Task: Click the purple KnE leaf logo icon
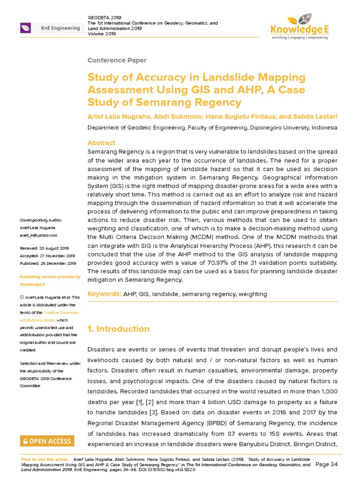coord(26,28)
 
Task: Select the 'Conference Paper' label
coord(117,60)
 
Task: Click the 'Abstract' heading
coord(101,142)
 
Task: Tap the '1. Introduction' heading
coord(119,329)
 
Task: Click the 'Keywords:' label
coord(105,294)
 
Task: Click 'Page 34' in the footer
coord(327,465)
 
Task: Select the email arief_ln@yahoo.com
coord(38,235)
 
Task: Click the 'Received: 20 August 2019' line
coord(44,248)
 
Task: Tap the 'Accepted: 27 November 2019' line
coord(47,256)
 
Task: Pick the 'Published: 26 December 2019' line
coord(47,263)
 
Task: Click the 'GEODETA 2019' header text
coord(105,17)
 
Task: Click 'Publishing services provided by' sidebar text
coord(50,277)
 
